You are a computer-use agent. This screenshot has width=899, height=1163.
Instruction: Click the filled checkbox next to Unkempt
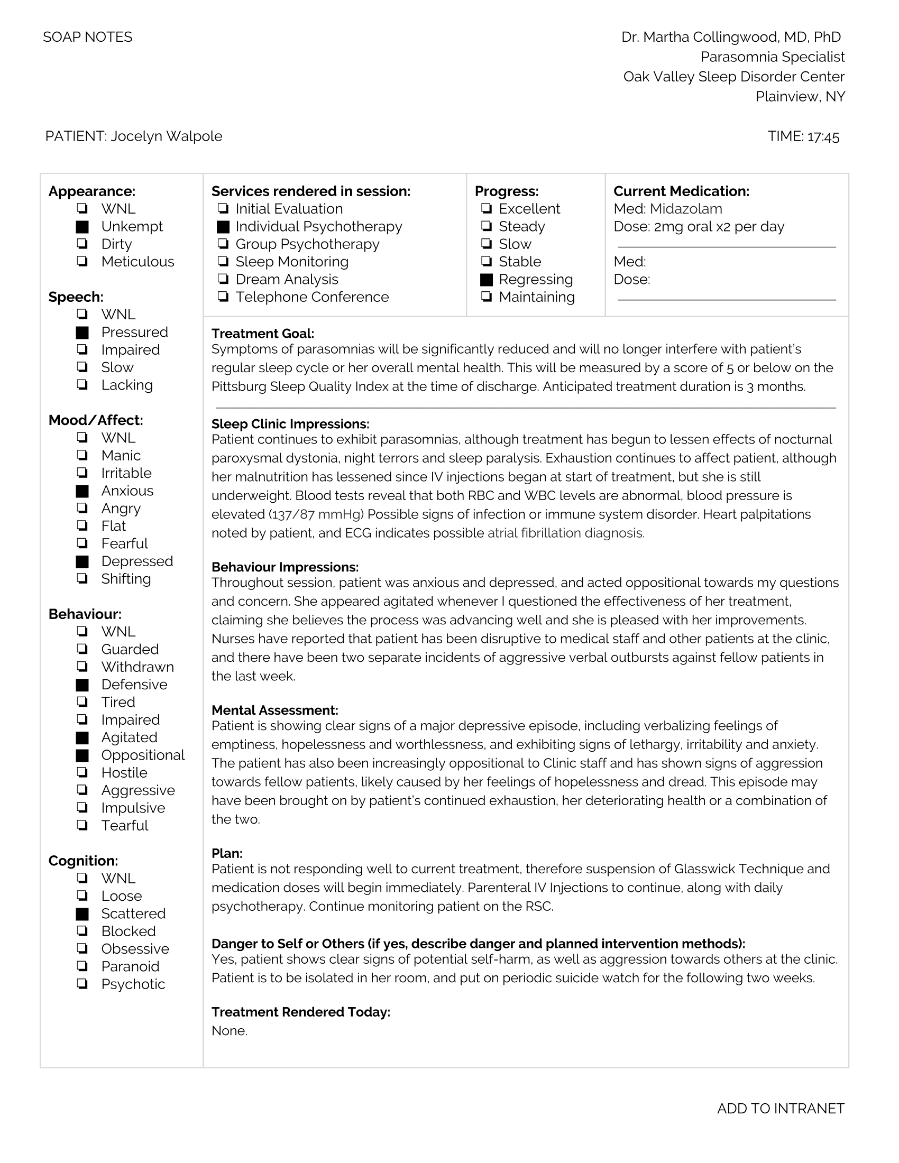pyautogui.click(x=82, y=227)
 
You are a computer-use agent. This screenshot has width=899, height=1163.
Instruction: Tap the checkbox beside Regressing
pyautogui.click(x=486, y=280)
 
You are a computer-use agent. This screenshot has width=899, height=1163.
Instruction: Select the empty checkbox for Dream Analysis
pyautogui.click(x=223, y=280)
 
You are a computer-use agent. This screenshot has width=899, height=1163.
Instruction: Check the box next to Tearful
pyautogui.click(x=82, y=825)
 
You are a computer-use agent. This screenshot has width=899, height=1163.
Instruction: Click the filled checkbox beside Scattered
pyautogui.click(x=82, y=914)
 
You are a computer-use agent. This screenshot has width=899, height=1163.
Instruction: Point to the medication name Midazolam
pyautogui.click(x=686, y=209)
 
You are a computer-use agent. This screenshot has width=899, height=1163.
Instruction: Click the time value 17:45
pyautogui.click(x=823, y=137)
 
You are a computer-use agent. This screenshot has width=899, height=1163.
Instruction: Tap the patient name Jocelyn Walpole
pyautogui.click(x=166, y=136)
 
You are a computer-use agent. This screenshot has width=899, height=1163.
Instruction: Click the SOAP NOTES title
pyautogui.click(x=88, y=38)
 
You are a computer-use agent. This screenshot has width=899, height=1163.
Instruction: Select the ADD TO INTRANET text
pyautogui.click(x=780, y=1109)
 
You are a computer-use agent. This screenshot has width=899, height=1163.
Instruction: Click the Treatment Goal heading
pyautogui.click(x=263, y=334)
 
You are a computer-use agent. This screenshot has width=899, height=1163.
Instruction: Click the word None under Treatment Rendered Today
pyautogui.click(x=229, y=1031)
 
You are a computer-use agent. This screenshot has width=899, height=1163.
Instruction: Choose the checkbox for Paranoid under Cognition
pyautogui.click(x=82, y=966)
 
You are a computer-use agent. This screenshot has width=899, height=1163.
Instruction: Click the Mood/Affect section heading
pyautogui.click(x=96, y=421)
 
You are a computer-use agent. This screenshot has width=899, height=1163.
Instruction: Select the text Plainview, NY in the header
pyautogui.click(x=800, y=97)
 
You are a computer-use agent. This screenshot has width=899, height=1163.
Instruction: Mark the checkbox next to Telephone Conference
pyautogui.click(x=223, y=297)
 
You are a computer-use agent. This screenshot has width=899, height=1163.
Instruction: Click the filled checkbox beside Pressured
pyautogui.click(x=82, y=333)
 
